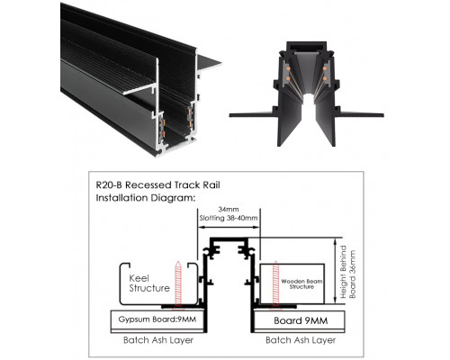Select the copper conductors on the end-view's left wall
(294, 76)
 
